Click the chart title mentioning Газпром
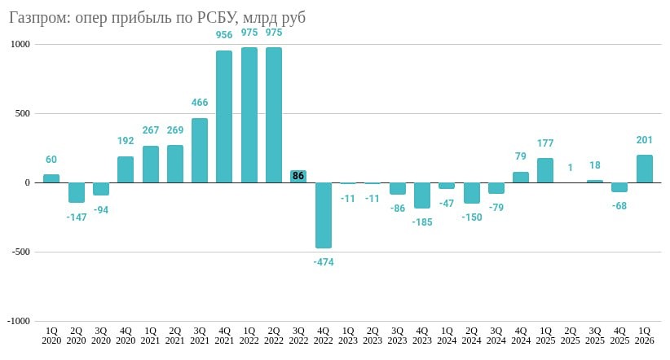point(157,17)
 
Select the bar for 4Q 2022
point(324,215)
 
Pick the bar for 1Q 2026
point(645,169)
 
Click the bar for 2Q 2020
point(77,192)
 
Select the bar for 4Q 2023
point(422,195)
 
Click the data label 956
point(224,35)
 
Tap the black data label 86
point(298,176)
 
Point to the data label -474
point(324,262)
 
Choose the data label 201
point(645,140)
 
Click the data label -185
point(422,222)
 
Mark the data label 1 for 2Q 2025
point(571,168)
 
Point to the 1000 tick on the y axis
point(20,45)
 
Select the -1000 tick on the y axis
point(19,321)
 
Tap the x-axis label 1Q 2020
point(51,336)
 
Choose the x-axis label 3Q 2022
point(298,336)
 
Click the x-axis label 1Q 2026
point(645,336)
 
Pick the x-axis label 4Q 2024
point(521,336)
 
